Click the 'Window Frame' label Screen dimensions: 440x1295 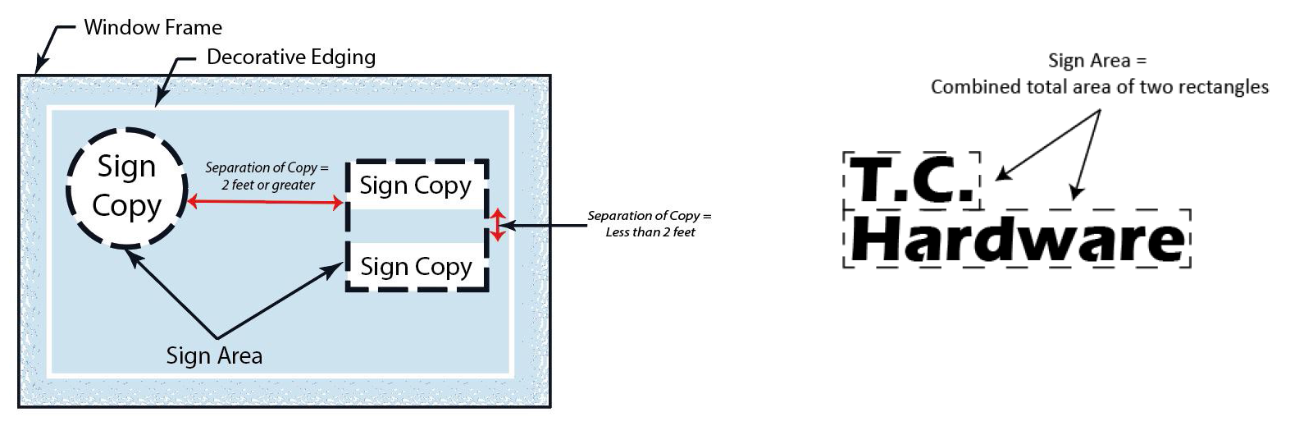click(x=153, y=27)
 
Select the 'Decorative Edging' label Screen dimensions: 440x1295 click(x=290, y=57)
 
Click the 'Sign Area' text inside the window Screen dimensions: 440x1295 click(x=214, y=355)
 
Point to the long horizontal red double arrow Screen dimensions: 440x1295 click(x=265, y=201)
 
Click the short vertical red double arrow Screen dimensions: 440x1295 click(x=497, y=225)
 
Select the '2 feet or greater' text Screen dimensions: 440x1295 click(x=268, y=185)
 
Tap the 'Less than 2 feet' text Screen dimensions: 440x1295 click(x=650, y=232)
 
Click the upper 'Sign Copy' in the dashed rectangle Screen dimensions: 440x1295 click(x=415, y=186)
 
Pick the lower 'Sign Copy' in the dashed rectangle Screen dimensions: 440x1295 click(x=416, y=267)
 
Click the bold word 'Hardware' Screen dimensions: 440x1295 click(x=1017, y=240)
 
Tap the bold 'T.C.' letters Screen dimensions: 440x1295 click(x=911, y=180)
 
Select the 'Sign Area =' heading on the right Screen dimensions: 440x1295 click(x=1097, y=60)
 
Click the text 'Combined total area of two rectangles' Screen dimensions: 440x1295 click(x=1099, y=87)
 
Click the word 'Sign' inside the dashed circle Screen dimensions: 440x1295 click(x=126, y=167)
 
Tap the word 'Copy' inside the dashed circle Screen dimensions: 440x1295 click(x=126, y=205)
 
